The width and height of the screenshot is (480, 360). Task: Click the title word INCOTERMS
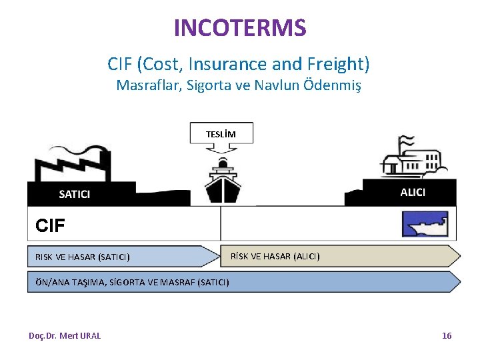point(240,28)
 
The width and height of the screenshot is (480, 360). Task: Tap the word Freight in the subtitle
point(337,64)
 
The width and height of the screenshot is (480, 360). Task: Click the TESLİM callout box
point(221,134)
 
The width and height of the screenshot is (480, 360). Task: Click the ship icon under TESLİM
point(221,181)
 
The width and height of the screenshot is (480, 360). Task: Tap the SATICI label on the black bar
point(75,194)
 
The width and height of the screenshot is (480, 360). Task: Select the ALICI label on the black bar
point(413,192)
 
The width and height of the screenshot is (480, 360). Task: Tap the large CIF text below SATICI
point(51,226)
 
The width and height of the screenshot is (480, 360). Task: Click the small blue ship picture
point(425,225)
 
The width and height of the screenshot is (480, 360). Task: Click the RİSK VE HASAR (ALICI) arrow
point(340,256)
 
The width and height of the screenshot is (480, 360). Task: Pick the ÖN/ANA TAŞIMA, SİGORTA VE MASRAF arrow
point(243,281)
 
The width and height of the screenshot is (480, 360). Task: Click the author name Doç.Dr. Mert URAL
point(65,335)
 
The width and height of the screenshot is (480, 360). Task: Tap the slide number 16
point(447,335)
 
